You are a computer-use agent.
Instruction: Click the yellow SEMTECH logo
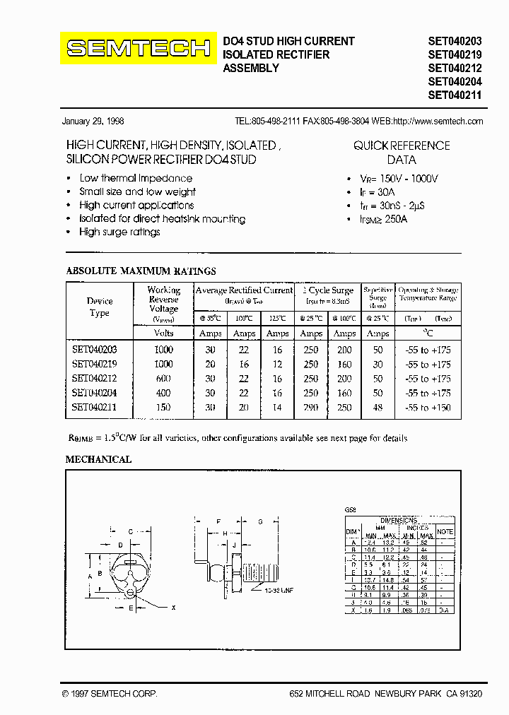pyautogui.click(x=138, y=48)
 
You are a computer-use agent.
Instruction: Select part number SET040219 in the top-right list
pyautogui.click(x=455, y=54)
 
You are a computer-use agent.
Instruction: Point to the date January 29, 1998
pyautogui.click(x=93, y=121)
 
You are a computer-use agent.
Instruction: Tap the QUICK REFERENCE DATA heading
pyautogui.click(x=402, y=153)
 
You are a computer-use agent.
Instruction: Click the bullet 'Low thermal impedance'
pyautogui.click(x=136, y=178)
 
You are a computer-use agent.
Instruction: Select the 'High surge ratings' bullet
pyautogui.click(x=119, y=232)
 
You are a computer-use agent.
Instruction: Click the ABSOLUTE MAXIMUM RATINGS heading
pyautogui.click(x=141, y=271)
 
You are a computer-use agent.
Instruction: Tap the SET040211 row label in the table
pyautogui.click(x=94, y=407)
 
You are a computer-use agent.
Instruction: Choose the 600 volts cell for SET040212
pyautogui.click(x=163, y=379)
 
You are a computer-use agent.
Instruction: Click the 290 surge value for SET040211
pyautogui.click(x=311, y=407)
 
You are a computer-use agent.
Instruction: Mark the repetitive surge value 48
pyautogui.click(x=378, y=407)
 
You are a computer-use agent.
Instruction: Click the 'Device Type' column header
pyautogui.click(x=100, y=307)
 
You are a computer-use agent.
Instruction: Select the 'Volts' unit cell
pyautogui.click(x=163, y=333)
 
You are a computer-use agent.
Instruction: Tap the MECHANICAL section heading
pyautogui.click(x=98, y=459)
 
